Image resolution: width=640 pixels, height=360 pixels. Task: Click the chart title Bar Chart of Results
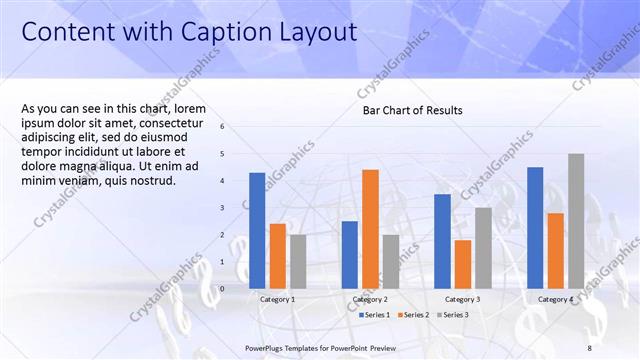coord(412,110)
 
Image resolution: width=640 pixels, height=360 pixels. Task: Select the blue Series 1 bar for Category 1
coord(257,230)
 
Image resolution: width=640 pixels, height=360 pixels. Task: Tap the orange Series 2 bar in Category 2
coord(370,229)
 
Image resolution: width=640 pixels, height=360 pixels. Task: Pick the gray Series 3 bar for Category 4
coord(576,221)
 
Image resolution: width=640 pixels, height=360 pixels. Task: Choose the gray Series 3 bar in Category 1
coord(298,261)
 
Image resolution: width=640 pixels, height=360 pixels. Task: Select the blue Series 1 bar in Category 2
coord(350,255)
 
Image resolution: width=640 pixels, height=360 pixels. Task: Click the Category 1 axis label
coord(277,299)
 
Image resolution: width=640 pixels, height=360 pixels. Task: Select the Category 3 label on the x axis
coord(462,299)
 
